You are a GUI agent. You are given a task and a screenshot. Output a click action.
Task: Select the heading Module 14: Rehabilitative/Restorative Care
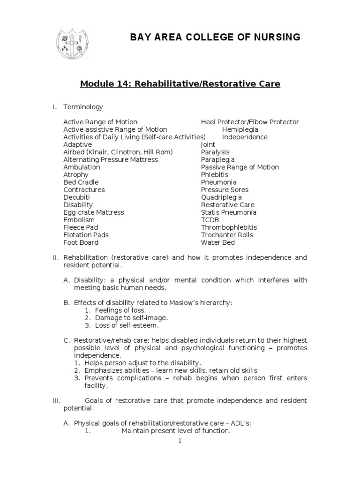click(180, 84)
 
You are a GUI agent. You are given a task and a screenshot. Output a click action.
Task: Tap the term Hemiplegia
click(240, 129)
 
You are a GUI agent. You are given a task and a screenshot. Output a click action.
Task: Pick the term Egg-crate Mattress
click(94, 212)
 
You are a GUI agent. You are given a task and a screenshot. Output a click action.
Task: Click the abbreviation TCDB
click(210, 220)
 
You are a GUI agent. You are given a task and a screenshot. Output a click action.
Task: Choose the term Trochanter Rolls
click(227, 235)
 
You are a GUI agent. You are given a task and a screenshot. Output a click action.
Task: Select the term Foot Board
click(81, 242)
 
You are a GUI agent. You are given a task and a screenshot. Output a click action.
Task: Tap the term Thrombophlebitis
click(229, 227)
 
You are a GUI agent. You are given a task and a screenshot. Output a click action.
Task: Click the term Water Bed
click(218, 242)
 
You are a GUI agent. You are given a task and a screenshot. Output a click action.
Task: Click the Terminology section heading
click(83, 107)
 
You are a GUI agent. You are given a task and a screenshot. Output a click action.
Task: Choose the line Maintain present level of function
click(176, 431)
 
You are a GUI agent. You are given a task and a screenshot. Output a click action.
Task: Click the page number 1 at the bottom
click(180, 441)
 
